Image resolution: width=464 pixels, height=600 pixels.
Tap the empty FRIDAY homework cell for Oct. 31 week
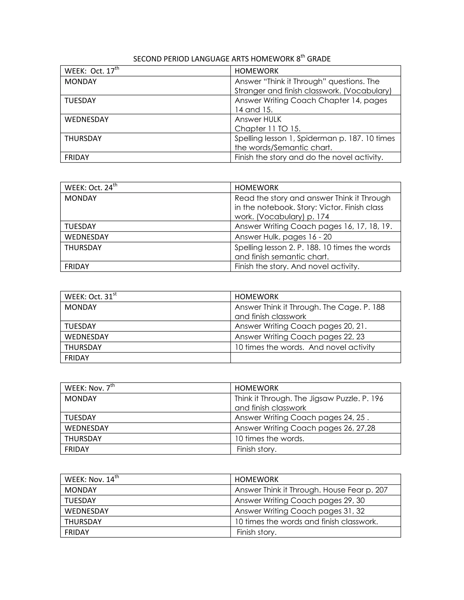315,358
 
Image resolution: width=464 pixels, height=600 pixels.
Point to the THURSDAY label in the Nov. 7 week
83,439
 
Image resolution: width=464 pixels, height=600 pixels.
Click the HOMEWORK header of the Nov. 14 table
256,479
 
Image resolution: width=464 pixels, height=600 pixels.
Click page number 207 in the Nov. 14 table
381,490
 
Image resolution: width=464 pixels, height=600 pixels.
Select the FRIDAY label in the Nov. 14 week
77,532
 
